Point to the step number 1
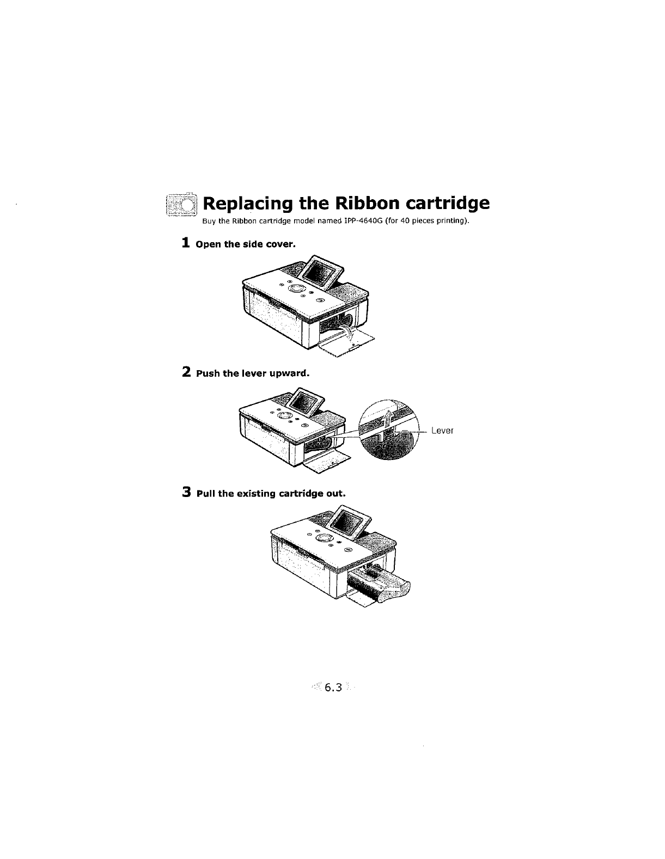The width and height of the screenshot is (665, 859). coord(186,243)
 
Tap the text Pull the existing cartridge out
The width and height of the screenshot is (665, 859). coord(271,494)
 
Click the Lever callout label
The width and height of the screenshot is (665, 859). coord(442,431)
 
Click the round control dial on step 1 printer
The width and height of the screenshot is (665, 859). coord(297,289)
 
